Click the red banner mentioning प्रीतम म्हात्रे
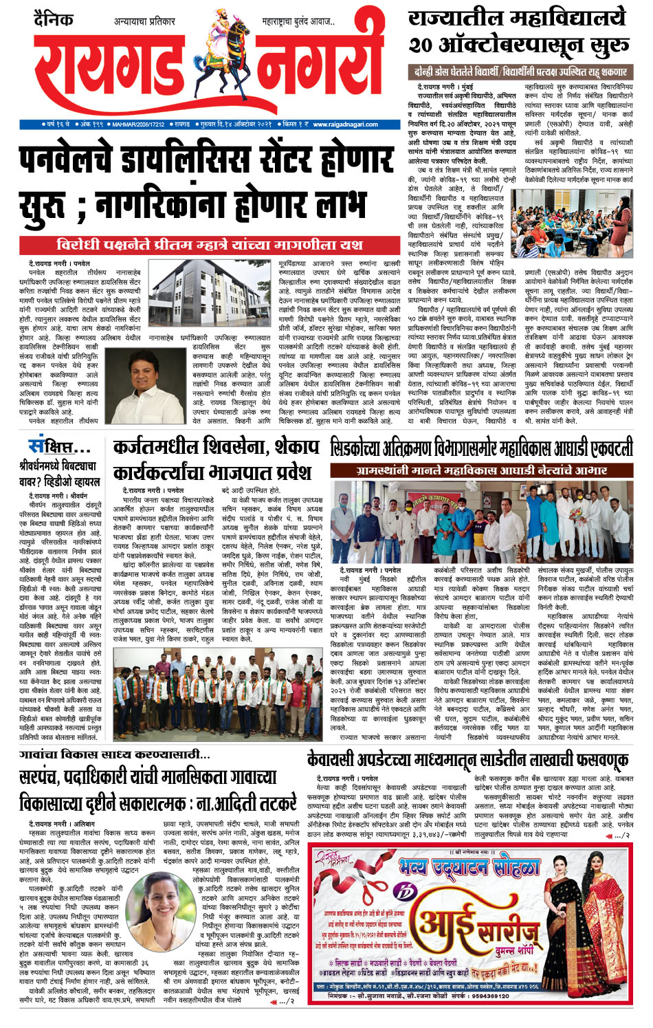tap(209, 245)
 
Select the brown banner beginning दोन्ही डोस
tap(520, 72)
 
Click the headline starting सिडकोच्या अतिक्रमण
tap(481, 448)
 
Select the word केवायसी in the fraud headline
tap(333, 760)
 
